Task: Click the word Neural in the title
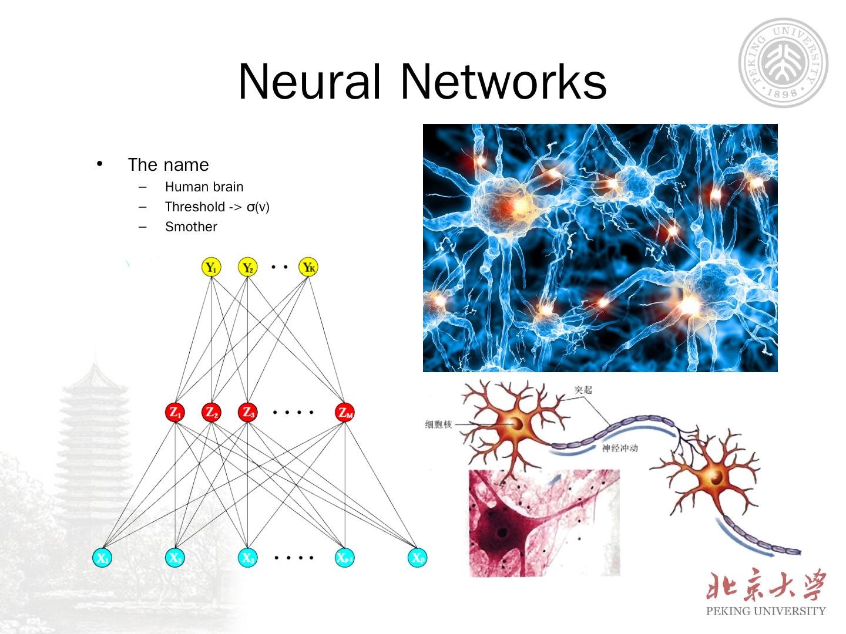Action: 310,82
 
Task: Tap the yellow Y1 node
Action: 210,268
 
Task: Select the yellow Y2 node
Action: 247,268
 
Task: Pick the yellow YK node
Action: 308,268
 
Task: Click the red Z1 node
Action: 175,412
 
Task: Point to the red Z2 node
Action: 211,412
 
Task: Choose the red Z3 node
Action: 247,412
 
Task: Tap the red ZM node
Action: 345,412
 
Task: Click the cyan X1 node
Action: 102,558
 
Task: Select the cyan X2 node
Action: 174,558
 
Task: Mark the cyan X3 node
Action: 247,558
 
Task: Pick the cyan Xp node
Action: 417,558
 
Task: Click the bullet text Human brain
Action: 204,187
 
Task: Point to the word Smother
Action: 191,227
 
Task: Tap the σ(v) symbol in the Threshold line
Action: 258,207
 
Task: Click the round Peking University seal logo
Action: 783,62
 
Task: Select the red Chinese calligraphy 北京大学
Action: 766,585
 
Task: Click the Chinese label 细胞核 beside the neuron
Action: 438,424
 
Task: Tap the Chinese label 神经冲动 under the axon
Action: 620,448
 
